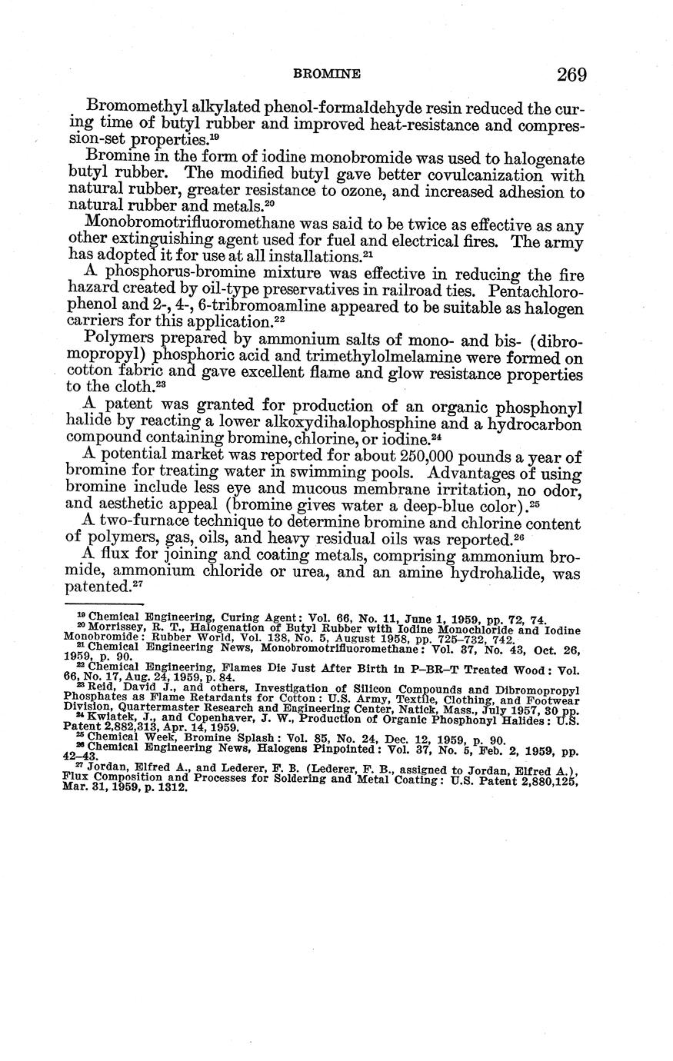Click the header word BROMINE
pos(327,75)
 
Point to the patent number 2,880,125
pos(545,780)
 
